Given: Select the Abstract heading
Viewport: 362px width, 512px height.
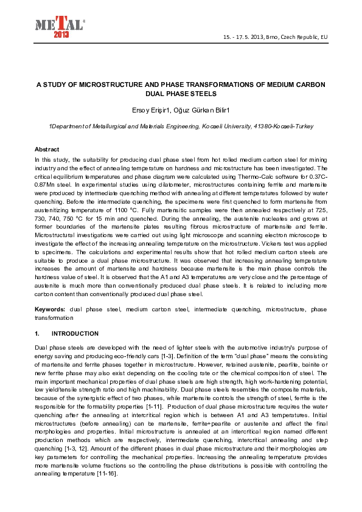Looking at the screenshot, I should [47, 149].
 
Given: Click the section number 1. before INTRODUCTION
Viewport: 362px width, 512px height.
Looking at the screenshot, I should [38, 334].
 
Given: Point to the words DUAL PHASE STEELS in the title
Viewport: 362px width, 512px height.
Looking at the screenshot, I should [181, 94].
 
